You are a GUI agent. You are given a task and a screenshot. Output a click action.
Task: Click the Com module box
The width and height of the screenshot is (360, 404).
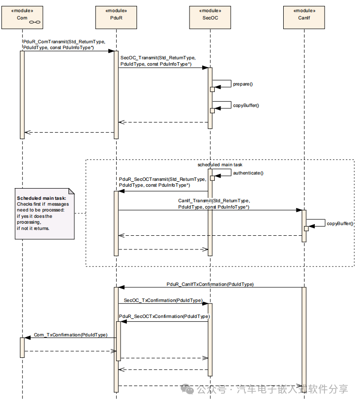pyautogui.click(x=22, y=18)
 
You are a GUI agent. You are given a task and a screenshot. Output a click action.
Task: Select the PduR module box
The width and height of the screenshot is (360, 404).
pyautogui.click(x=116, y=18)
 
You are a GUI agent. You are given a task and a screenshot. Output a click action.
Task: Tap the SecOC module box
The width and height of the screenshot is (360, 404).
pyautogui.click(x=210, y=18)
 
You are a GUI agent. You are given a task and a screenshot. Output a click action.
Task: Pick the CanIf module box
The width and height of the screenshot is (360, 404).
pyautogui.click(x=304, y=18)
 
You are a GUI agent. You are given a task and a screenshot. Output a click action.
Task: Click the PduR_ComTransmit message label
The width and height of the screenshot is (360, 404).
pyautogui.click(x=65, y=45)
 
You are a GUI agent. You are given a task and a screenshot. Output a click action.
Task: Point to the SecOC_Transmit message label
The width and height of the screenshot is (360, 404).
pyautogui.click(x=158, y=61)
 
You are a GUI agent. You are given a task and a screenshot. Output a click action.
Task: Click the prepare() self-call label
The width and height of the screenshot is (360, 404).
pyautogui.click(x=243, y=84)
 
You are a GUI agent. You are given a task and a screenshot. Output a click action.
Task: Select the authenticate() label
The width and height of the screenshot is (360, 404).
pyautogui.click(x=248, y=173)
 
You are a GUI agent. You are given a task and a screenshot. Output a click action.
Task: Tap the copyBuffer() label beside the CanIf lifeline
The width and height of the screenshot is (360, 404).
pyautogui.click(x=340, y=223)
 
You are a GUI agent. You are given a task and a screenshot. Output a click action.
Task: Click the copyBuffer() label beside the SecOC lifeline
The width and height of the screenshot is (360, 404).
pyautogui.click(x=246, y=105)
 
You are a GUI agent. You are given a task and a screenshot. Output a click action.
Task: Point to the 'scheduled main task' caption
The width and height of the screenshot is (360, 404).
pyautogui.click(x=220, y=165)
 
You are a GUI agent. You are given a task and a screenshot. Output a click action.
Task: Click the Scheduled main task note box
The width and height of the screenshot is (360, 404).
pyautogui.click(x=45, y=214)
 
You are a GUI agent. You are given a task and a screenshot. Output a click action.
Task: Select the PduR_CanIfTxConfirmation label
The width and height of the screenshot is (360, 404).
pyautogui.click(x=210, y=284)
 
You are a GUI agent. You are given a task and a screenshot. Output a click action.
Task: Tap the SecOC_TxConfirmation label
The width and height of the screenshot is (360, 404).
pyautogui.click(x=163, y=300)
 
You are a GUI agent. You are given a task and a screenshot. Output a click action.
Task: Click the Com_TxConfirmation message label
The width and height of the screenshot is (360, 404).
pyautogui.click(x=70, y=334)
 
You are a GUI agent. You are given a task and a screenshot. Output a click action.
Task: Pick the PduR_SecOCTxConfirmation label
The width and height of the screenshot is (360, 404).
pyautogui.click(x=164, y=316)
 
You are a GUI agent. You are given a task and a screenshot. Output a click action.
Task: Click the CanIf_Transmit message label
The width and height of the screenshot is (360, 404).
pyautogui.click(x=214, y=204)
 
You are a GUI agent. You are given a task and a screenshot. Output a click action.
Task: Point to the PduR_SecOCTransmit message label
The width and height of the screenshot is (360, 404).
pyautogui.click(x=163, y=182)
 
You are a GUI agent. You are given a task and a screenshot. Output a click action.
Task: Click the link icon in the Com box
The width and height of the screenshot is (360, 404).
pyautogui.click(x=35, y=22)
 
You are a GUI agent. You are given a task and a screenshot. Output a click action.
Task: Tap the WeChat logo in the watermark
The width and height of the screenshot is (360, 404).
pyautogui.click(x=187, y=389)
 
